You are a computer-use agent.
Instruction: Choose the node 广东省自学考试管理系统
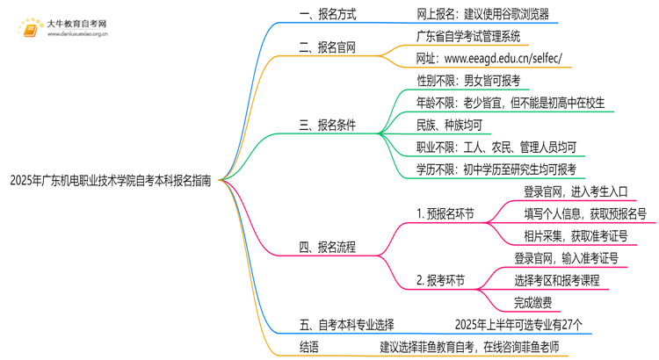click(467, 36)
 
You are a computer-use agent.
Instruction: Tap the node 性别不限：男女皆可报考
click(468, 81)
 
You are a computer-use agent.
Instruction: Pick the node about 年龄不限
click(511, 103)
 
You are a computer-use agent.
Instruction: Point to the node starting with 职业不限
click(496, 147)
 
